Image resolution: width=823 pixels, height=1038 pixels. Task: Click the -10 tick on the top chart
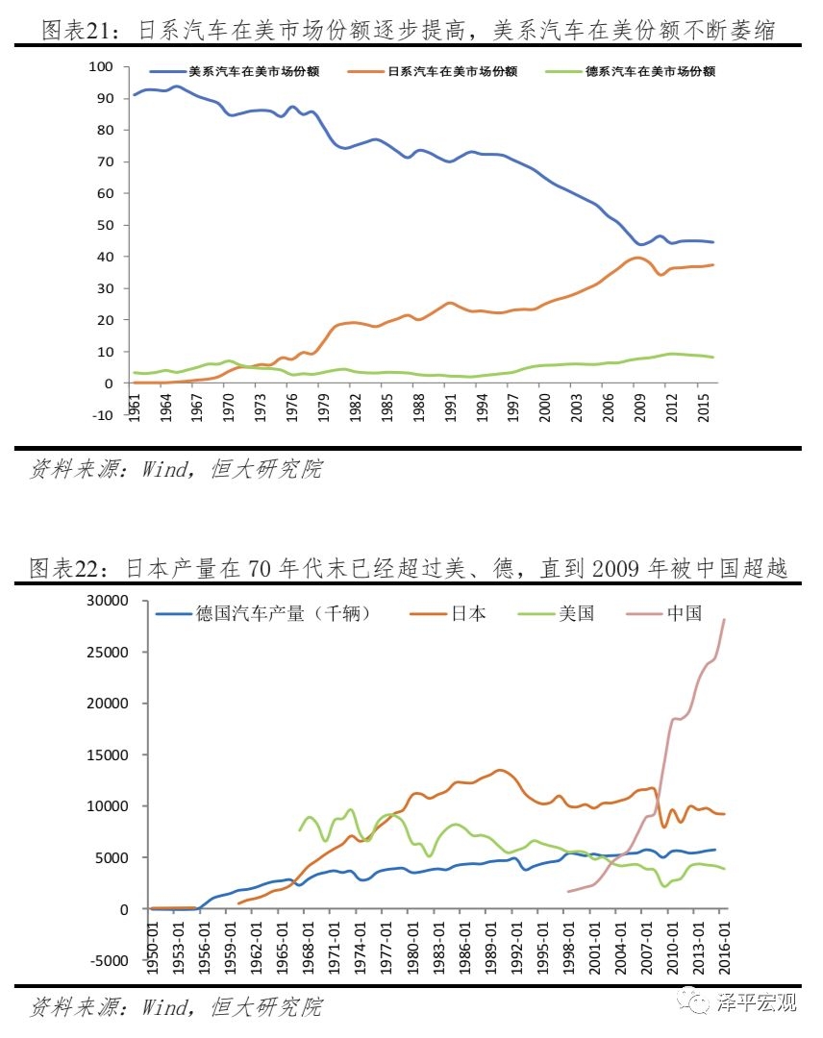pyautogui.click(x=101, y=415)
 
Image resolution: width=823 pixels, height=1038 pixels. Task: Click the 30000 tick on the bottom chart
pyautogui.click(x=107, y=601)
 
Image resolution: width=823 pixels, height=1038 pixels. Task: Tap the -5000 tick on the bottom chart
pyautogui.click(x=107, y=960)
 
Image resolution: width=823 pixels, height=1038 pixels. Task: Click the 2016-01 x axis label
pyautogui.click(x=725, y=947)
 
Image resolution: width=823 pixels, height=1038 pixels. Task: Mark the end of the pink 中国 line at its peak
pyautogui.click(x=724, y=620)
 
